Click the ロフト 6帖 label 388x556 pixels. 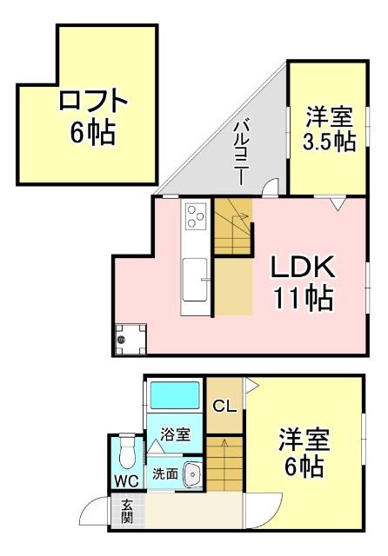(91, 116)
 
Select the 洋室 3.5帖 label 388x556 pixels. (330, 129)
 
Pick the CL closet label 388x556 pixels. (223, 406)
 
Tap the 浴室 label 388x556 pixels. (176, 434)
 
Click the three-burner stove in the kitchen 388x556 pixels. (194, 213)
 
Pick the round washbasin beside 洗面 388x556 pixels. (192, 474)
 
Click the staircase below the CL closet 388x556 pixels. (224, 469)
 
